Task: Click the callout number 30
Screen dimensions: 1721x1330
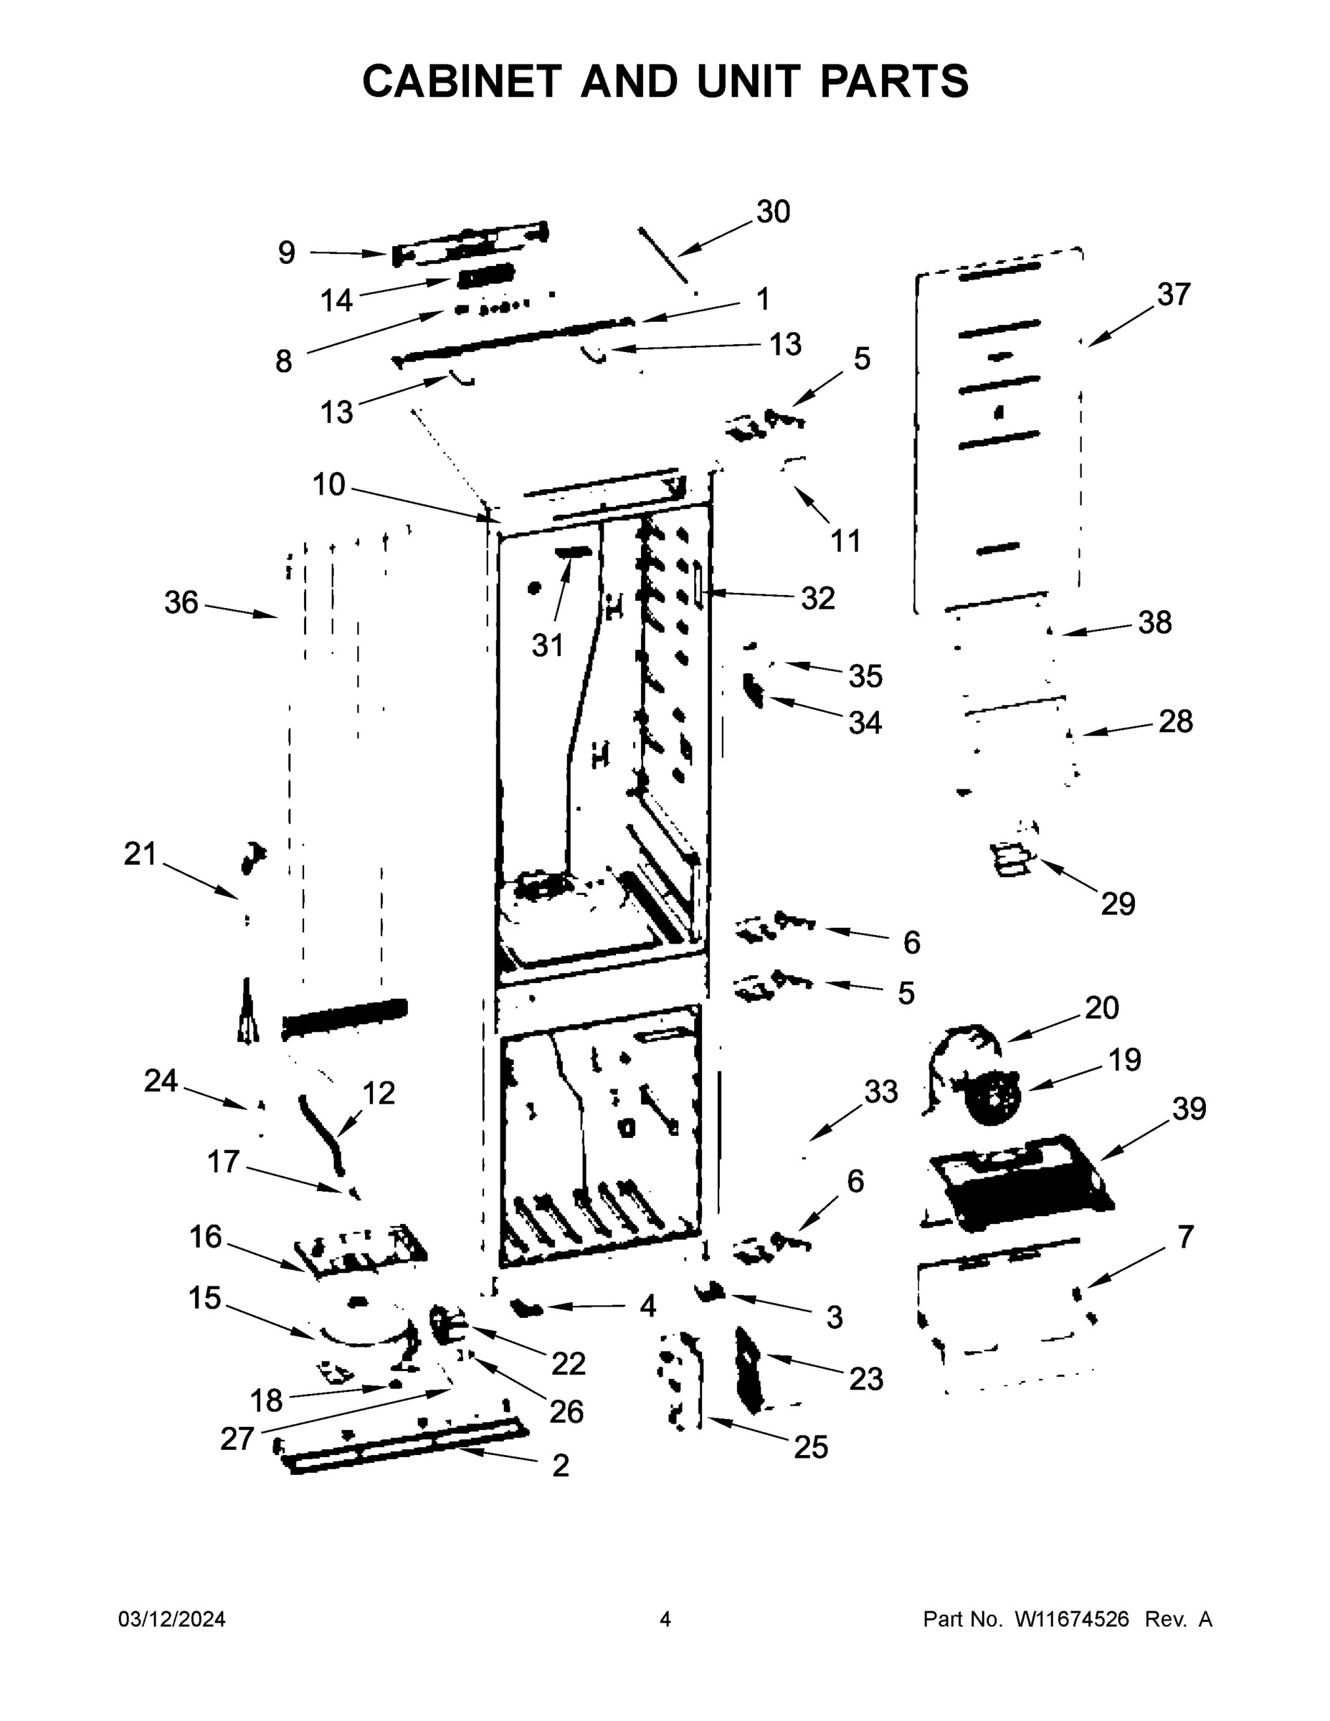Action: tap(773, 212)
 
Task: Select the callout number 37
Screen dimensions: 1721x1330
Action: tap(1173, 295)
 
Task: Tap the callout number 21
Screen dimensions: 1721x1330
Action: tap(141, 854)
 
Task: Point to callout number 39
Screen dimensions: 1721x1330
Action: tap(1189, 1109)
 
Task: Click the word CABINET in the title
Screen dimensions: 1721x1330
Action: tap(461, 81)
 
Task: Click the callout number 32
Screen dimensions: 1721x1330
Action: tap(817, 599)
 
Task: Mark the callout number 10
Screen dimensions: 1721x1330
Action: tap(328, 484)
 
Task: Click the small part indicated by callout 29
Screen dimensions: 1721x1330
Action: tap(1012, 858)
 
